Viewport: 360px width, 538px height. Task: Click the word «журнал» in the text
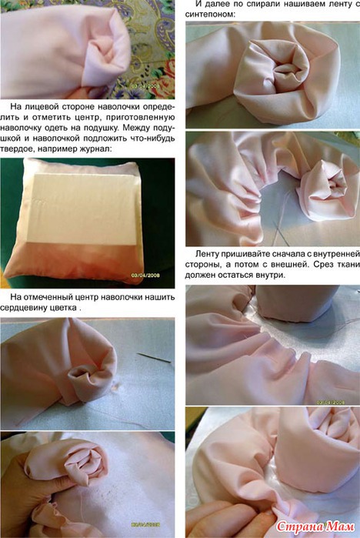pyautogui.click(x=92, y=149)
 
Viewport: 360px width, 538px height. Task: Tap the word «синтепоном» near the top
pyautogui.click(x=209, y=15)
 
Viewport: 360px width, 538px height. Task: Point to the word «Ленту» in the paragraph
pyautogui.click(x=208, y=254)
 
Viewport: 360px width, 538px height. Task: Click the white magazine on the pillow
pyautogui.click(x=83, y=209)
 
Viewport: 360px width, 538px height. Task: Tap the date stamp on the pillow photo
pyautogui.click(x=145, y=276)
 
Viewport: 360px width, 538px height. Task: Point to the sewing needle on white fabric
pyautogui.click(x=154, y=358)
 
